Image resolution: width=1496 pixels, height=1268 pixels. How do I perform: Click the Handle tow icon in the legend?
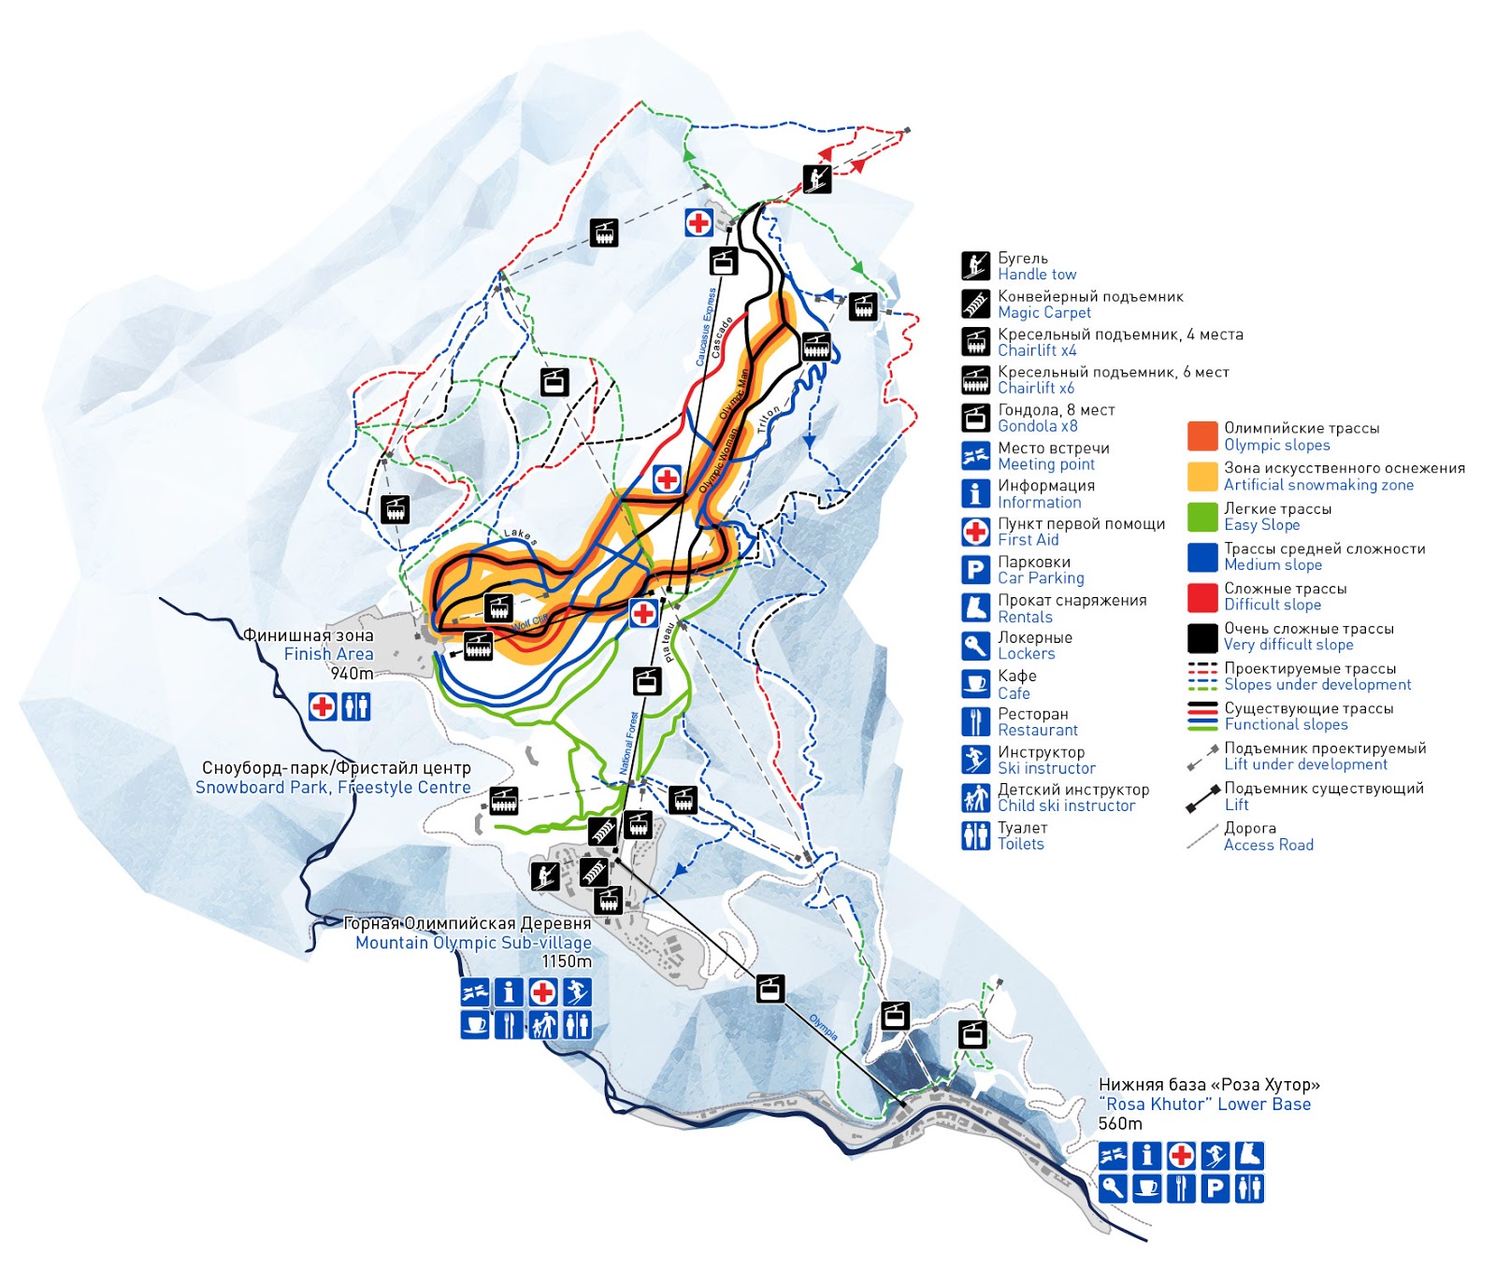(x=975, y=265)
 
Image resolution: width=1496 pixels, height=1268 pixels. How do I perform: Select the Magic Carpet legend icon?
(x=975, y=304)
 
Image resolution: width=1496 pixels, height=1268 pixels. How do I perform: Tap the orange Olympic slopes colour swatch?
(x=1201, y=436)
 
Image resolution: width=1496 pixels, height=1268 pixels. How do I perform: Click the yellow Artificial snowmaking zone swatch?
(x=1201, y=477)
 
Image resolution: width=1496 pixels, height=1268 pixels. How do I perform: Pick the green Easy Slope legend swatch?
(x=1201, y=517)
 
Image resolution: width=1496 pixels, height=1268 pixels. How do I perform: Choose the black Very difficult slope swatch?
(x=1201, y=637)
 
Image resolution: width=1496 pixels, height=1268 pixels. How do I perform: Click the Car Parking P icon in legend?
(x=975, y=570)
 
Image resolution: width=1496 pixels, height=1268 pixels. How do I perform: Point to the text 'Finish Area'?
(x=328, y=654)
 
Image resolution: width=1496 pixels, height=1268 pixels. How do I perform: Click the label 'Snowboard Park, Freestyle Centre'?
(x=333, y=788)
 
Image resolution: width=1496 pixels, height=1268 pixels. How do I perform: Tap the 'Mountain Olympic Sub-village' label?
(x=473, y=943)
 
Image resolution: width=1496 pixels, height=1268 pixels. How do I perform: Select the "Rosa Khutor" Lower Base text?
(x=1204, y=1104)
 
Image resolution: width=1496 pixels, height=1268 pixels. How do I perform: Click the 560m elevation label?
(x=1119, y=1124)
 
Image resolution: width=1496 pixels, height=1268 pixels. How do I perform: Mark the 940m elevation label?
(x=352, y=674)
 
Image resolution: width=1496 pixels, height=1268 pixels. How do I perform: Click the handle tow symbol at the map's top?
(x=817, y=178)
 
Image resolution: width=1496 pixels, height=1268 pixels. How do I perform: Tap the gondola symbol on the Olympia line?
(x=770, y=988)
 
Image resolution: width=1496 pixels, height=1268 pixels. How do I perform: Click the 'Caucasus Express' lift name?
(x=707, y=326)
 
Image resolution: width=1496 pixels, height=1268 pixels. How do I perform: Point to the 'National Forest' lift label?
(x=629, y=743)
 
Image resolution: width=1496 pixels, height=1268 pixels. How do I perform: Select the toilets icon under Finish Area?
(x=356, y=705)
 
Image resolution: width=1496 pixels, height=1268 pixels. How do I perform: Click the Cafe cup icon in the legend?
(x=975, y=684)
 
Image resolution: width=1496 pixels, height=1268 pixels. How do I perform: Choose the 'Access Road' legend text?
(x=1268, y=845)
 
